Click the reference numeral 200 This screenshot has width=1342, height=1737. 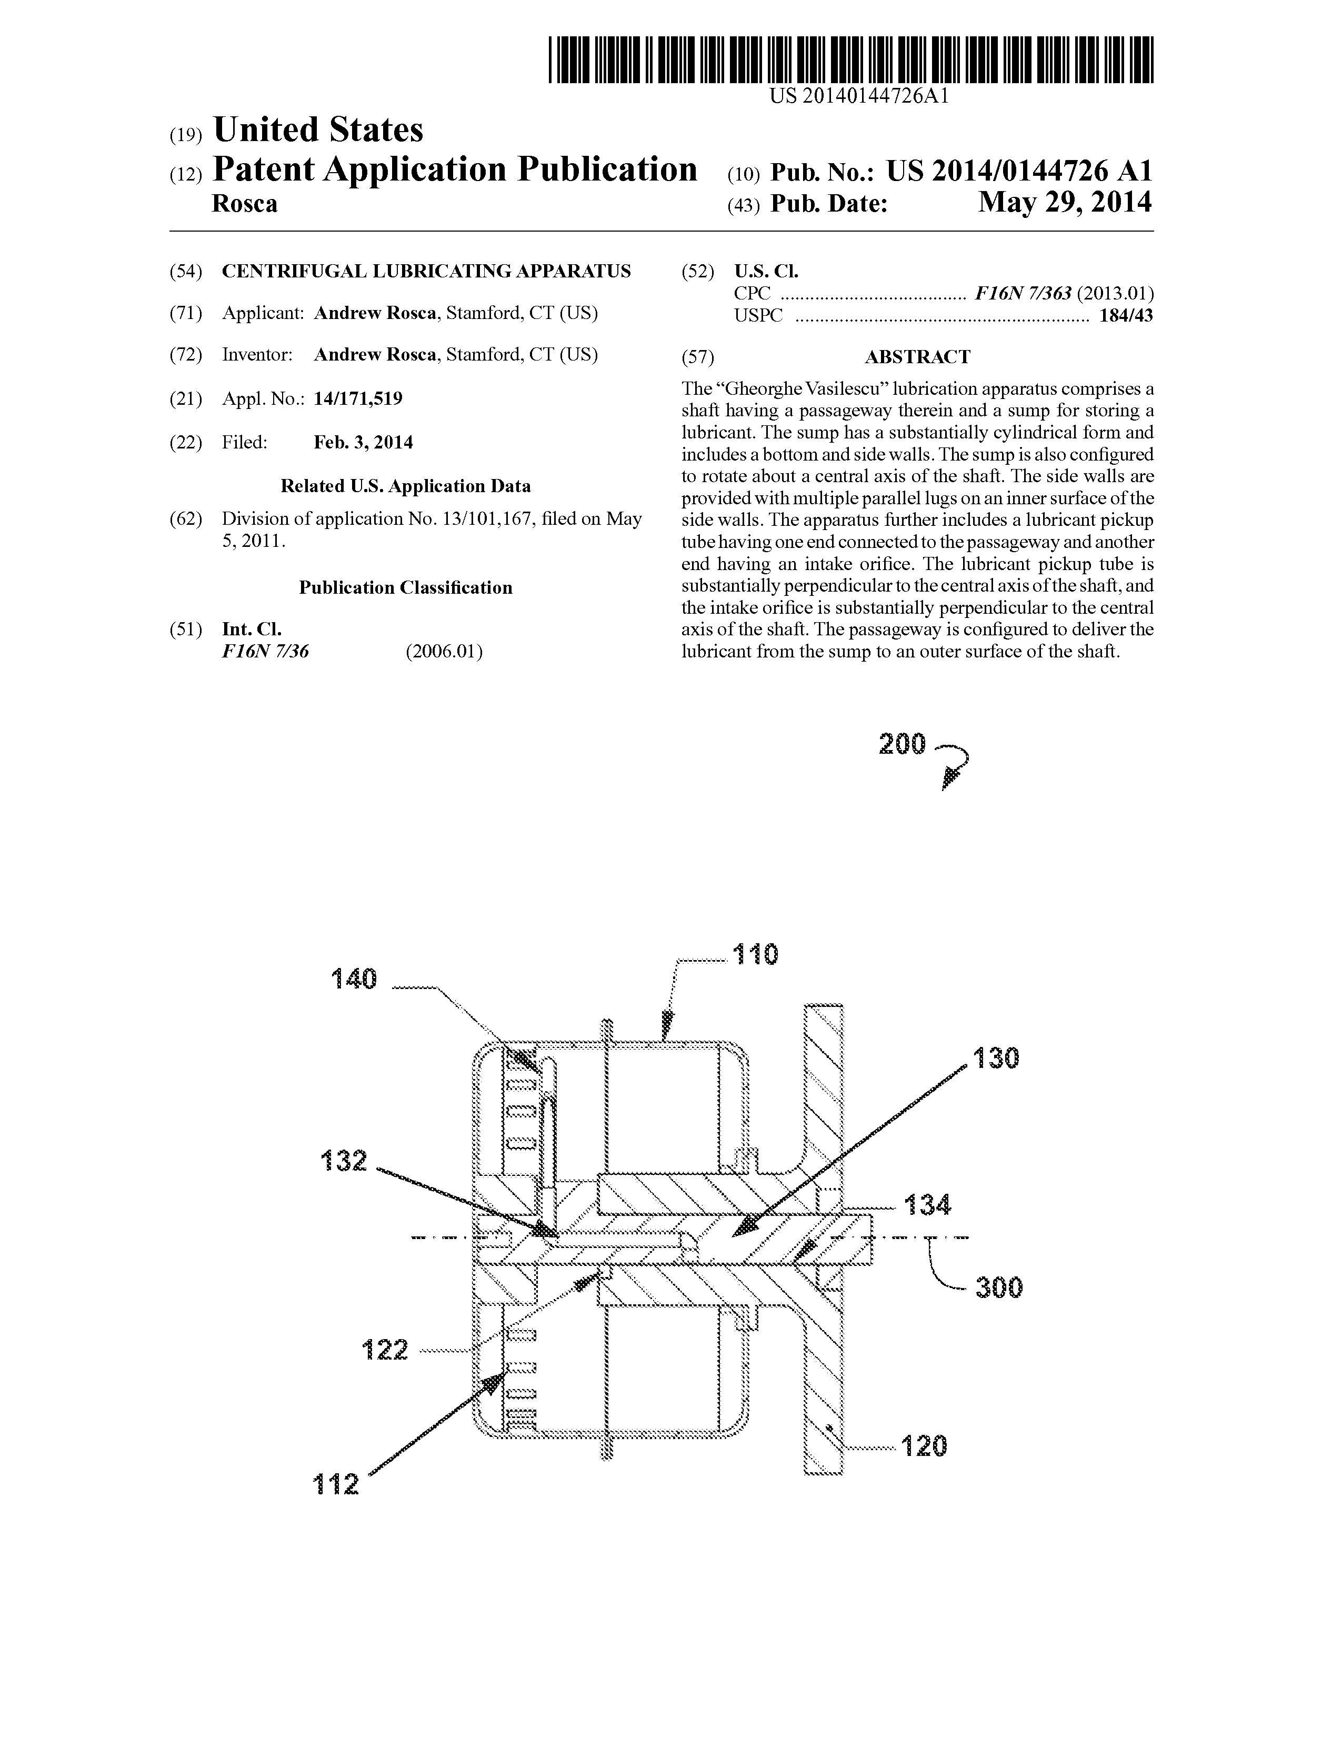(x=903, y=744)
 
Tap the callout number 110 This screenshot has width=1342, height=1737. (x=755, y=954)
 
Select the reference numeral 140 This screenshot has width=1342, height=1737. (x=354, y=979)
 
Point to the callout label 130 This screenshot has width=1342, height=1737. (x=995, y=1058)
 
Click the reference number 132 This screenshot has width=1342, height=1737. (x=344, y=1161)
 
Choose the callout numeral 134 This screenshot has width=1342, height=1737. (x=927, y=1206)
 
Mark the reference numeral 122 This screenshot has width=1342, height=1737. (x=385, y=1350)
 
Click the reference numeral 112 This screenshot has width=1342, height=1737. (x=336, y=1484)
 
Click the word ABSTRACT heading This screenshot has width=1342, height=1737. (x=917, y=357)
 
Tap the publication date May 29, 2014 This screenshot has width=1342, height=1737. (x=1065, y=203)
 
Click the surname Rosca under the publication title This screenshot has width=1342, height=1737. (x=245, y=204)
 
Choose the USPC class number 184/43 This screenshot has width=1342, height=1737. (x=1126, y=316)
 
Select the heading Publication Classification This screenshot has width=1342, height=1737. (x=405, y=588)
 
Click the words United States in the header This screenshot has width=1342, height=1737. (x=318, y=129)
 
